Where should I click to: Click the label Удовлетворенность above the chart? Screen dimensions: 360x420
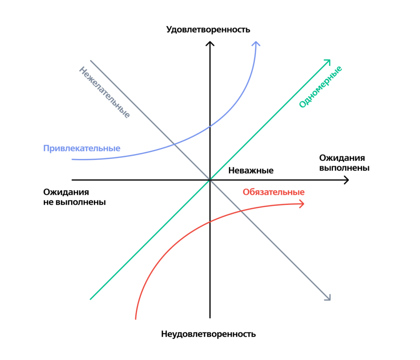tap(208, 30)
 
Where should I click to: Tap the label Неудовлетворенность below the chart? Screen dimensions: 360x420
tap(208, 334)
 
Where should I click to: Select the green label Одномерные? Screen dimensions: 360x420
tap(320, 87)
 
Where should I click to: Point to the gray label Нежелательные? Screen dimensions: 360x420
tap(104, 92)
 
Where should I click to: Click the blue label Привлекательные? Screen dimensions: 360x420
tap(82, 148)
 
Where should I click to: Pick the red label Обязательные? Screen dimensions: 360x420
tap(274, 192)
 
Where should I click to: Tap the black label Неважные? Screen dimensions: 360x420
tap(251, 171)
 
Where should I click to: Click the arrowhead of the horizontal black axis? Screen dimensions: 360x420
tap(347, 180)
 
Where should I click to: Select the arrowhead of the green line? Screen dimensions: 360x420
tap(329, 61)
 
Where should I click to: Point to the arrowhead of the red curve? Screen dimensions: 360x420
tap(303, 204)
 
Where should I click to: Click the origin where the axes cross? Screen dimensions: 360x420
tap(210, 180)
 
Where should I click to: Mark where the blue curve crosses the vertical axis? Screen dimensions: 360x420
tap(210, 126)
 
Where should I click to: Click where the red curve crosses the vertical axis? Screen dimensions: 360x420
tap(210, 222)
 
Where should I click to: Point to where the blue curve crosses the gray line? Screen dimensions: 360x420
tap(174, 144)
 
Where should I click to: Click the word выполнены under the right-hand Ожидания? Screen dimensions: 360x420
tap(344, 168)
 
